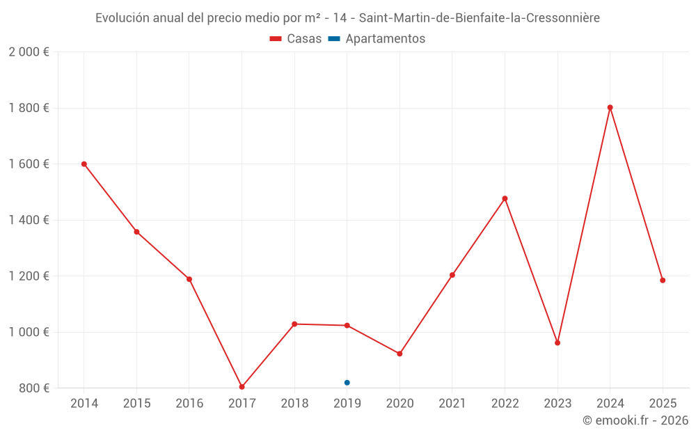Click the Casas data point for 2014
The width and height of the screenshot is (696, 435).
[84, 164]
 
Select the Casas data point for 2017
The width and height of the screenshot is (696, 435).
[242, 387]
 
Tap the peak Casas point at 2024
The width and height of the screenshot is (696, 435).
[610, 108]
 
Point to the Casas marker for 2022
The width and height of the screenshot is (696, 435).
[505, 199]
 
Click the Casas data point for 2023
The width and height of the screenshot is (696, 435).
[557, 343]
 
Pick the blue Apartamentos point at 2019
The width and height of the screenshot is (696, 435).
[347, 383]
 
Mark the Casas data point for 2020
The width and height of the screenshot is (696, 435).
[400, 354]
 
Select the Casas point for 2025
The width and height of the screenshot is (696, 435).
[663, 280]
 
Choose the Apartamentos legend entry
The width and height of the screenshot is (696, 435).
[377, 39]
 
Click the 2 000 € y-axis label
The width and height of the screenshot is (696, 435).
[29, 52]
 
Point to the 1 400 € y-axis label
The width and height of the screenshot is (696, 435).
[29, 220]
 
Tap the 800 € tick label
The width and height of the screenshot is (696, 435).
[33, 388]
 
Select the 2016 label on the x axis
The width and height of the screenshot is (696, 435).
[189, 404]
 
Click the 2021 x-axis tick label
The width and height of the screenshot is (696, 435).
[452, 404]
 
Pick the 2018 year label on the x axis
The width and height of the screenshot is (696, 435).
[294, 404]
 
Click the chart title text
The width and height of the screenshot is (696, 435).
[347, 18]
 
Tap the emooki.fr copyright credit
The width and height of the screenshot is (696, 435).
[635, 420]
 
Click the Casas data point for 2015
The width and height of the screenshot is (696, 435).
[136, 232]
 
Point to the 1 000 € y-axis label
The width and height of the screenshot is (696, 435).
[29, 332]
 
